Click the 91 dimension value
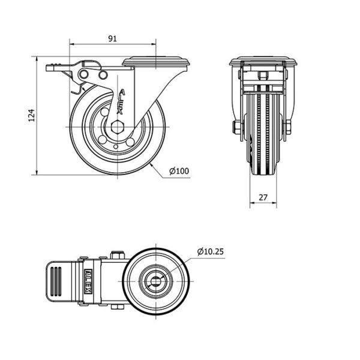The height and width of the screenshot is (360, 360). point(112,38)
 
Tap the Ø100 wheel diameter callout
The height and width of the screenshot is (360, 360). point(179,171)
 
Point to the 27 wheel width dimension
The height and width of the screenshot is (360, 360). point(263,197)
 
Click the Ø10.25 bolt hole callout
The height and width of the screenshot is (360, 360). point(211,251)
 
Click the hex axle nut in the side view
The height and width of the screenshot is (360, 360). point(118,127)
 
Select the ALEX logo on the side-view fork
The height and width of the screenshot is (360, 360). point(121,102)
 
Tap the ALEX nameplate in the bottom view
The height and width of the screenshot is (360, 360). point(88,281)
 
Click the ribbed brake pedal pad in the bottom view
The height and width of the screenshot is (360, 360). point(56,281)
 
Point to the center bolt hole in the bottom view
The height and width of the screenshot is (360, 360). point(156,281)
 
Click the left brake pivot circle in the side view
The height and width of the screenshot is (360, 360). point(84,74)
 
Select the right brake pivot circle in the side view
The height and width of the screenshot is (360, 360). point(103,74)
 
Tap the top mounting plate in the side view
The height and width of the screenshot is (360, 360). point(156,62)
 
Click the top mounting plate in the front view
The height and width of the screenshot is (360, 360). point(263,61)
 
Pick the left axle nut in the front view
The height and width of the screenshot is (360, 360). point(236,127)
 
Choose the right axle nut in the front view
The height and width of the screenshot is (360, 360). point(288,127)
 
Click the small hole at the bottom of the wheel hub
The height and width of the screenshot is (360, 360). point(116,147)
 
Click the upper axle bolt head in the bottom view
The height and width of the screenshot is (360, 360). point(118,256)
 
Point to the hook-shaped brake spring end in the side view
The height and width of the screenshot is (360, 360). point(77,90)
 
